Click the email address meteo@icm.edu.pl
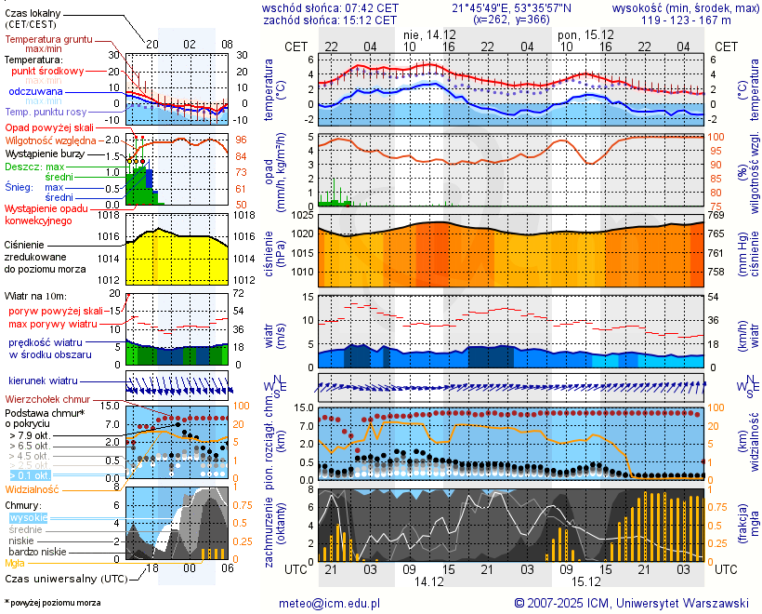tap(330, 603)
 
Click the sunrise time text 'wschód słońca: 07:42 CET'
tap(330, 7)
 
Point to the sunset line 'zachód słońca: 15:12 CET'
tap(330, 19)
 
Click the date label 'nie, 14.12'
tap(424, 34)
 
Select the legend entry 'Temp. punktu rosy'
tap(46, 112)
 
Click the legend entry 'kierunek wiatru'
tap(43, 380)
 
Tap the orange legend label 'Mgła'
tap(15, 563)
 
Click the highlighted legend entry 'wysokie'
tap(28, 517)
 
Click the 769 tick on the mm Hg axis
tap(716, 215)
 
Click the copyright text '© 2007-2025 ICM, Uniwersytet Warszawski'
tap(632, 603)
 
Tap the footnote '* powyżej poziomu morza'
tap(52, 603)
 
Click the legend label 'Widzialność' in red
tap(33, 488)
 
